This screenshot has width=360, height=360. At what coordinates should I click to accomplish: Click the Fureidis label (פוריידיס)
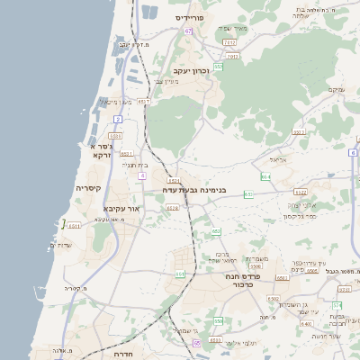pyautogui.click(x=192, y=17)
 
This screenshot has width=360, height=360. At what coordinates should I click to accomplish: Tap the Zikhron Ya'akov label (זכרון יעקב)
pyautogui.click(x=192, y=70)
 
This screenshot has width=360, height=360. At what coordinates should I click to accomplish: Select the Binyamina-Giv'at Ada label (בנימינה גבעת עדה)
pyautogui.click(x=193, y=191)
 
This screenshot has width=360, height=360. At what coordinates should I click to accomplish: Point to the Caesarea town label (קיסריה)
pyautogui.click(x=88, y=188)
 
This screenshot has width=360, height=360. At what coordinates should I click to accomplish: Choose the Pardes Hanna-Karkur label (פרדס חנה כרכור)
pyautogui.click(x=242, y=280)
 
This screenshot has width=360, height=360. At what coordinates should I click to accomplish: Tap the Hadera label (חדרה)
pyautogui.click(x=123, y=355)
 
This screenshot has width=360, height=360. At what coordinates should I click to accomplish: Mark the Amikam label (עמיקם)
pyautogui.click(x=336, y=88)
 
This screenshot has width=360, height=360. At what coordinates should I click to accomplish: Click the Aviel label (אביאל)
pyautogui.click(x=277, y=159)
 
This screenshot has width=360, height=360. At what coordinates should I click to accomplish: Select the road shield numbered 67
pyautogui.click(x=188, y=31)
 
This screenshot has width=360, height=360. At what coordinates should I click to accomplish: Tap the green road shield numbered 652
pyautogui.click(x=216, y=231)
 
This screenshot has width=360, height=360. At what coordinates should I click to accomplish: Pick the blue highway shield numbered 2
pyautogui.click(x=117, y=118)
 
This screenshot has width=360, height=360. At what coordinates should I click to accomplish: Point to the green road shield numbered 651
pyautogui.click(x=179, y=274)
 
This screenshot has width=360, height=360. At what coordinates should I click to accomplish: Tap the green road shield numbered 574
pyautogui.click(x=337, y=306)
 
